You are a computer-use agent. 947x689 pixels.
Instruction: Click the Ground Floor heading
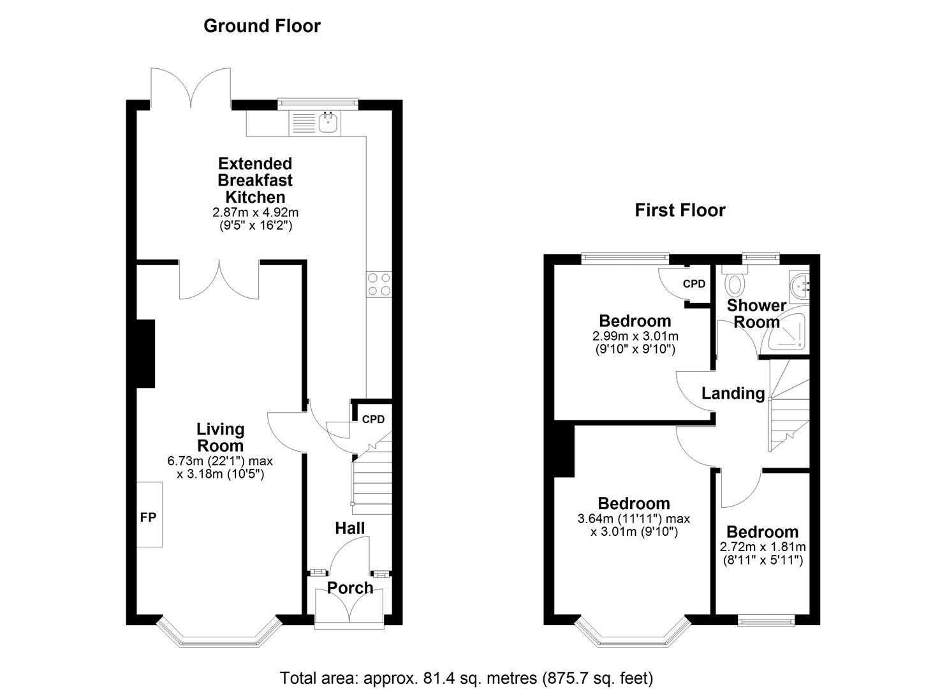(x=261, y=26)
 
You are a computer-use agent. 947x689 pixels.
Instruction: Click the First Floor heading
(x=680, y=211)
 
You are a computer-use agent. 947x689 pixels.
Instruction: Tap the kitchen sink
(x=328, y=122)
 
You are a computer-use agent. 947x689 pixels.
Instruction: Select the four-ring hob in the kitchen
(x=379, y=284)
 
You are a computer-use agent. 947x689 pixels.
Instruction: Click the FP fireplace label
(x=148, y=517)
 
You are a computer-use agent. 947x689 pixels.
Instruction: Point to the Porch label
(x=350, y=588)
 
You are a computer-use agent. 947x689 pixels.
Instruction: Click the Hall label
(x=350, y=528)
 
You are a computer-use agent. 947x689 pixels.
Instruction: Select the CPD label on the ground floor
(x=373, y=419)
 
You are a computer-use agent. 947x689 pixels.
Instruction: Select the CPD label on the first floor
(x=694, y=283)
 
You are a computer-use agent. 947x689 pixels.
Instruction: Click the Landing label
(x=733, y=394)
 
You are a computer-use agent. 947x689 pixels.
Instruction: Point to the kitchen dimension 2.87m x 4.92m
(x=255, y=212)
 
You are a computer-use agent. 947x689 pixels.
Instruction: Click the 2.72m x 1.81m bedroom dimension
(x=763, y=547)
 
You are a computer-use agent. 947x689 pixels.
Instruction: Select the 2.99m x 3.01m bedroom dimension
(x=635, y=336)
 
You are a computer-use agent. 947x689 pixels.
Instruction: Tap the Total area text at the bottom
(x=466, y=678)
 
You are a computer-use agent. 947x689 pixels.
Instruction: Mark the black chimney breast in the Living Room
(x=146, y=353)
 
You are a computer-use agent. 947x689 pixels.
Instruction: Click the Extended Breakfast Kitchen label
(x=255, y=181)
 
